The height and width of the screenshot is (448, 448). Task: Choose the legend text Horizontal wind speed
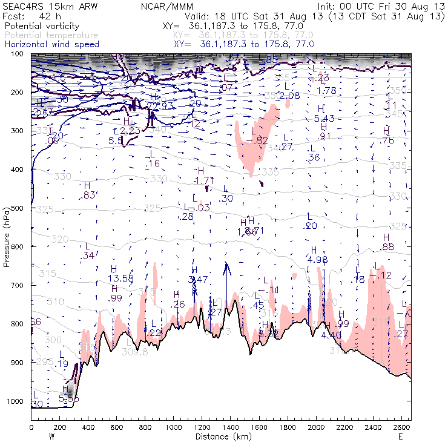[51, 44]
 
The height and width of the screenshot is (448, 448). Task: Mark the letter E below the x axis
[400, 436]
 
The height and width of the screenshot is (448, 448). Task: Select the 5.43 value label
[324, 118]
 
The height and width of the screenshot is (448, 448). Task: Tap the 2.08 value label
[290, 96]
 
